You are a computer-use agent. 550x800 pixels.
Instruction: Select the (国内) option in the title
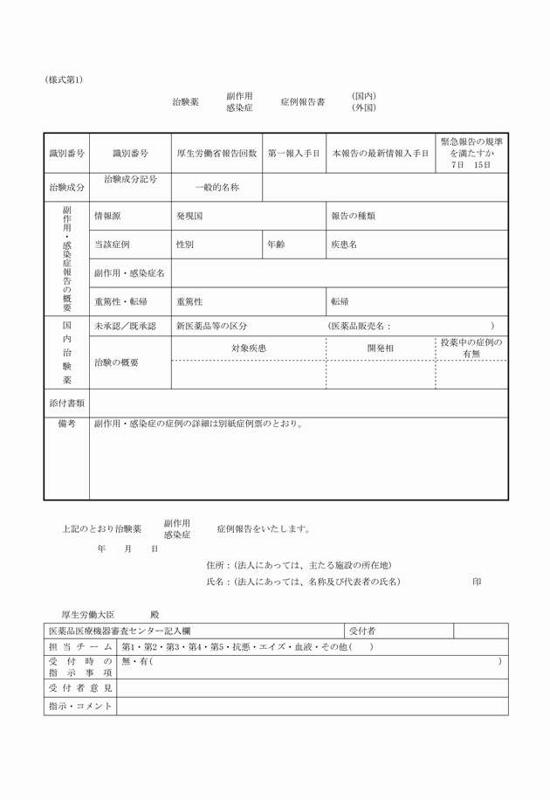(x=364, y=95)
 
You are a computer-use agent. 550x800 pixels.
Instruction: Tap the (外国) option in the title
(x=364, y=107)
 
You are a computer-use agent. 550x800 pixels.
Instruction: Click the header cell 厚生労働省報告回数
(x=217, y=153)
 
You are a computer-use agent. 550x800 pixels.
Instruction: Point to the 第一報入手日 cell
(x=294, y=153)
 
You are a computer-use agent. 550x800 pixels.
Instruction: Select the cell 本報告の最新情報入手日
(x=381, y=153)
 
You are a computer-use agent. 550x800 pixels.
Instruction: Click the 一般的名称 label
(x=217, y=187)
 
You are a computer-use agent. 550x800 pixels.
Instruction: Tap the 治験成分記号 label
(x=130, y=179)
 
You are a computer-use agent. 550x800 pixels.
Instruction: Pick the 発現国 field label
(x=189, y=215)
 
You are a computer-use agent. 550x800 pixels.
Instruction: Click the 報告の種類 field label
(x=353, y=215)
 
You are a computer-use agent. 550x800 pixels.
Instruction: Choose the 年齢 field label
(x=276, y=245)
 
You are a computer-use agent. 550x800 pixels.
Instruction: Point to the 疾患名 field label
(x=343, y=245)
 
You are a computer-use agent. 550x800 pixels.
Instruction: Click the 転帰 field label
(x=340, y=301)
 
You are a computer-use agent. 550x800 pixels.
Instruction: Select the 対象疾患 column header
(x=248, y=348)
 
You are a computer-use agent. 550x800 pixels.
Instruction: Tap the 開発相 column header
(x=381, y=348)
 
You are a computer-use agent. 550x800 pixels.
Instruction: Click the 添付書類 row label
(x=66, y=403)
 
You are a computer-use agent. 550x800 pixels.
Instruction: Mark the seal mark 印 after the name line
(x=477, y=581)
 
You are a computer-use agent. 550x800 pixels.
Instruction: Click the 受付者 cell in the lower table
(x=362, y=631)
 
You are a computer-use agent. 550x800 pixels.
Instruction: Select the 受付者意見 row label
(x=80, y=688)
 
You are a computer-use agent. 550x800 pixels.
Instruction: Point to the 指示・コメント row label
(x=80, y=706)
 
